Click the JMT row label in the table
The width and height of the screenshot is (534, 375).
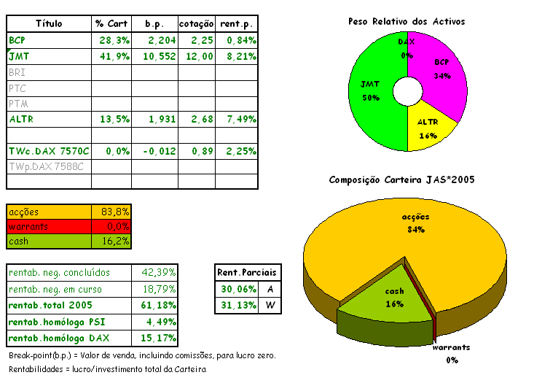[19, 55]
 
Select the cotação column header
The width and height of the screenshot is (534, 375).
[196, 23]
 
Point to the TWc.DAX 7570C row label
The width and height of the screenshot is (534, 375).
[49, 151]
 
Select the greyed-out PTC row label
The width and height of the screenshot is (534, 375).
[17, 88]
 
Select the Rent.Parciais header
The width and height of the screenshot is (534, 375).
[247, 273]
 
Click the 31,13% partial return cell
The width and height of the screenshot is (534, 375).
[237, 305]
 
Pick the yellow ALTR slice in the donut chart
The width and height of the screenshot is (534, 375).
[430, 124]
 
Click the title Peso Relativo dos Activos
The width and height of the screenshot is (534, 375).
[407, 22]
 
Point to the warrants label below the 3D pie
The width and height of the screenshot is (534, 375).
[452, 347]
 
